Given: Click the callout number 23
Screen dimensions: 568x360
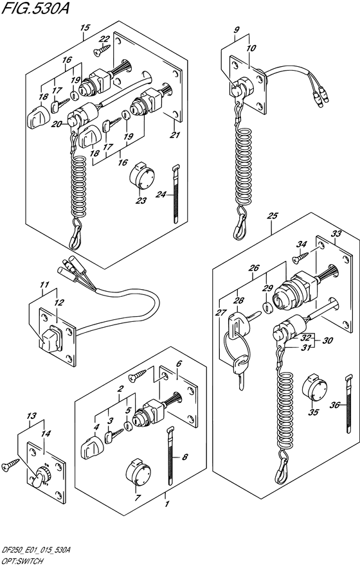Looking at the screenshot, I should click(140, 201).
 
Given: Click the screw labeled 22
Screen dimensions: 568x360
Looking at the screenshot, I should click(102, 48).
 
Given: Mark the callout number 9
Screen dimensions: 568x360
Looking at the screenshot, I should click(237, 30).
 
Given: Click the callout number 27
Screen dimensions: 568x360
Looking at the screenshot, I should click(221, 312).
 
